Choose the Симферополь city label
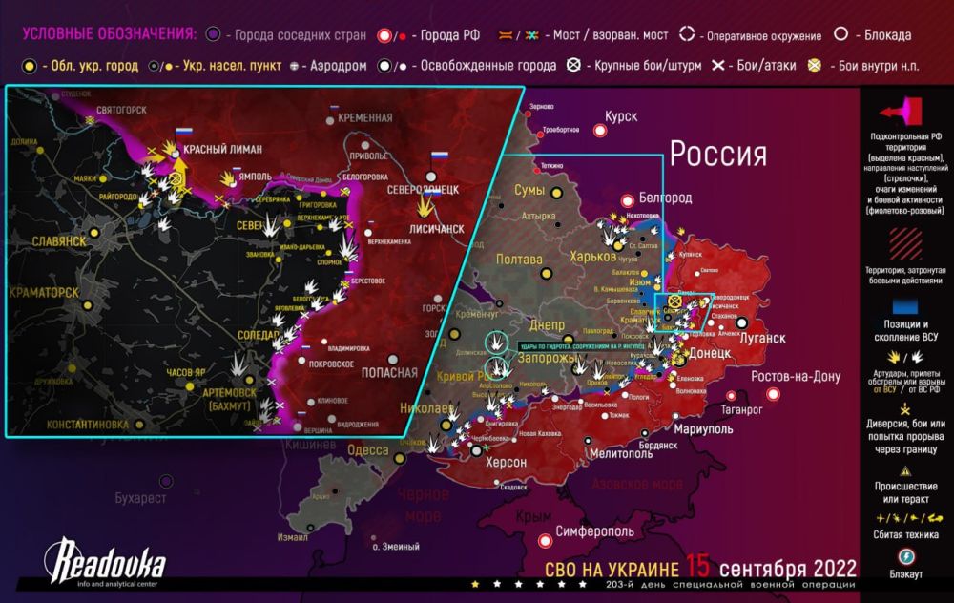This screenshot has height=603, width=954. pos(594,530)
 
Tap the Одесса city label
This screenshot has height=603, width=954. pos(367,449)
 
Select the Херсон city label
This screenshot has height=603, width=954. pos(506,462)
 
